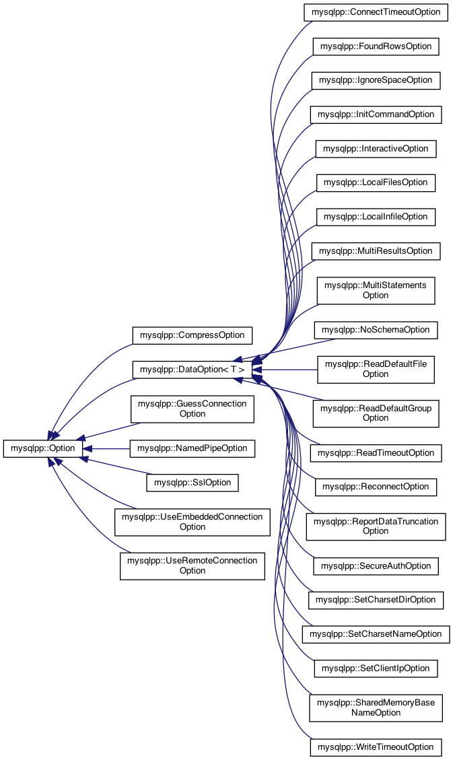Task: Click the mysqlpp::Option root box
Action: tap(44, 448)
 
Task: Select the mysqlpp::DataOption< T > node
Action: tap(192, 369)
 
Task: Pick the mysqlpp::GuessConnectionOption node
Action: tap(192, 409)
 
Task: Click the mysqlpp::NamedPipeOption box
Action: tap(192, 448)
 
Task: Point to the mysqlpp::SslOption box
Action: tap(192, 482)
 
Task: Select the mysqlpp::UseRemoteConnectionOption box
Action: tap(192, 565)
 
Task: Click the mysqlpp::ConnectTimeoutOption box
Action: tap(376, 12)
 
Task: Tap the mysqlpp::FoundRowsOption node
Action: tap(376, 46)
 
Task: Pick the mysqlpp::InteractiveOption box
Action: tap(376, 148)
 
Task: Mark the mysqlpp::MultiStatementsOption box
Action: tap(376, 290)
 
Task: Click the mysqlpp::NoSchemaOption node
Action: tap(376, 330)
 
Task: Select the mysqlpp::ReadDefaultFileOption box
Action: tap(376, 369)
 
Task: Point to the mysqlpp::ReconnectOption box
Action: tap(376, 486)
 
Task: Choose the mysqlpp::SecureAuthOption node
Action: tap(376, 566)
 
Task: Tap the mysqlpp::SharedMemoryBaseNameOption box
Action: tap(376, 707)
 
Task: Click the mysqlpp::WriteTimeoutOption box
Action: tap(376, 747)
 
